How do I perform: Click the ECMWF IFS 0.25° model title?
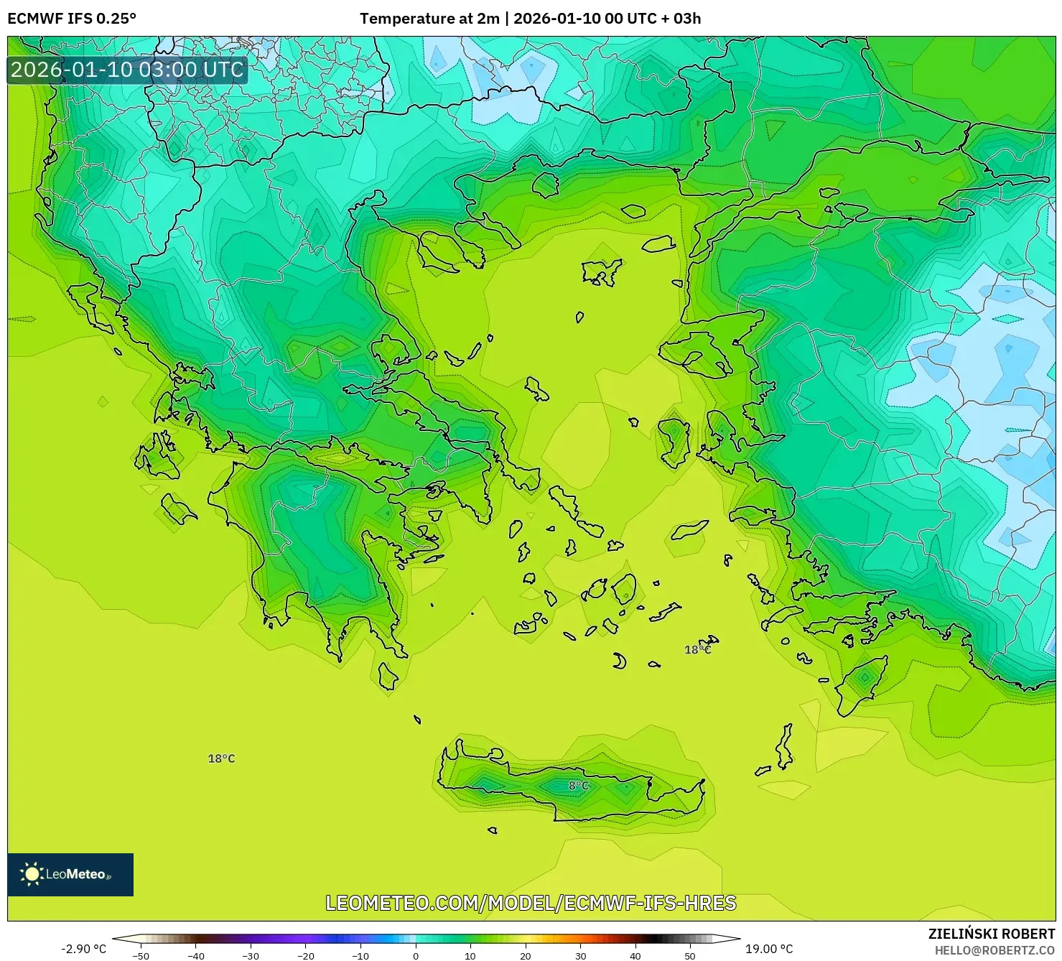click(x=71, y=19)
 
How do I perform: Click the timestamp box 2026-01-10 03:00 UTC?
click(x=127, y=70)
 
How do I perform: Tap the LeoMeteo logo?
click(x=70, y=874)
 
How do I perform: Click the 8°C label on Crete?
click(x=579, y=786)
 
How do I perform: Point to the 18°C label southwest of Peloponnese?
click(x=221, y=758)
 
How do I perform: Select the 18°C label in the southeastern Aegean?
click(x=697, y=650)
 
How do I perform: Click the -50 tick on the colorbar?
click(x=141, y=955)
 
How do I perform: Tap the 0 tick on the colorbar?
click(x=415, y=955)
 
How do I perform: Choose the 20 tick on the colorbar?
click(x=525, y=955)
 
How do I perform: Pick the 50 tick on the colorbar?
click(x=689, y=955)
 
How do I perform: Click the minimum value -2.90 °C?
click(x=83, y=949)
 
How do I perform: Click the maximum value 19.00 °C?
click(x=769, y=949)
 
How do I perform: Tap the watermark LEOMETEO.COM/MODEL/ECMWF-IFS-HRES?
click(x=531, y=903)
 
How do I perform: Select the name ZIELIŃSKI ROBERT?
click(x=991, y=934)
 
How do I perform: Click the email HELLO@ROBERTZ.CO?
click(x=995, y=950)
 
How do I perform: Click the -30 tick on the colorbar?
click(x=250, y=955)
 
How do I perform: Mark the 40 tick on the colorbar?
click(x=635, y=955)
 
